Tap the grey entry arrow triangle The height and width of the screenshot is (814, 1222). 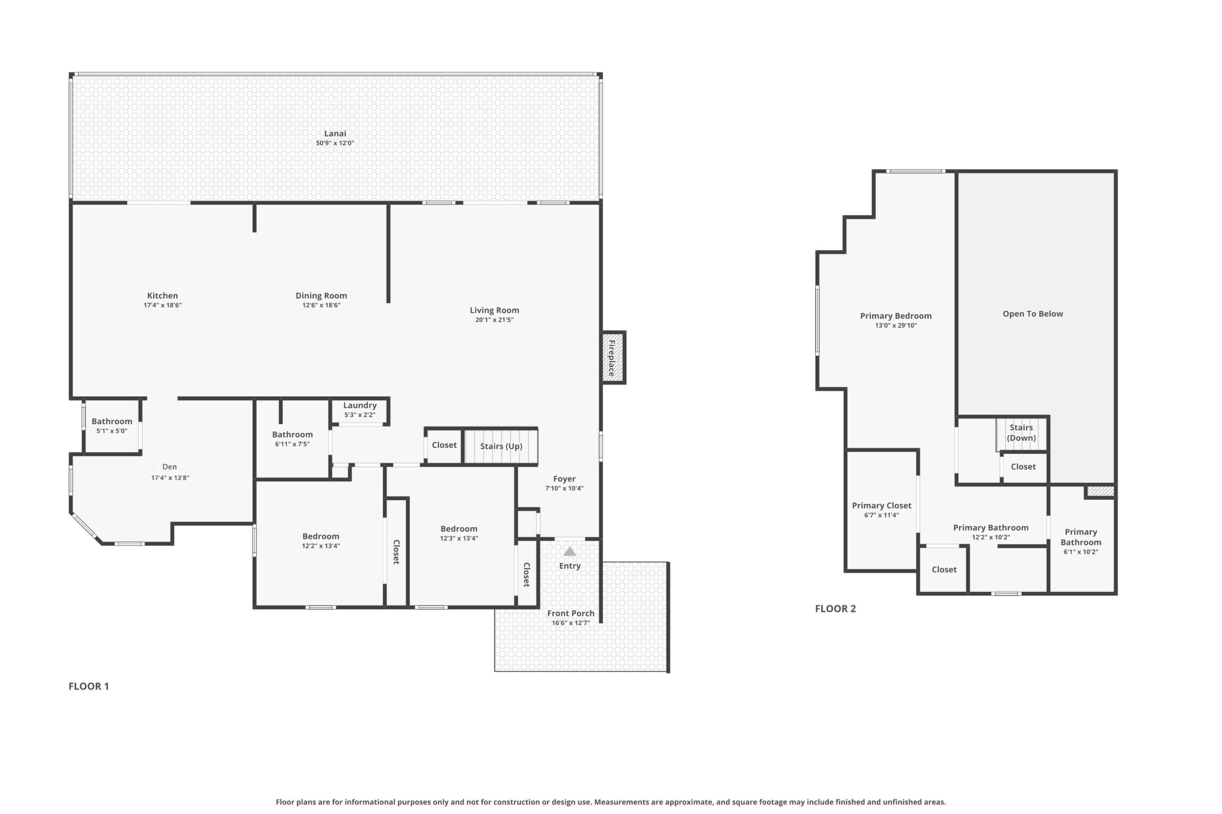(570, 551)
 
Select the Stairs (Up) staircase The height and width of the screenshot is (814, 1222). (501, 446)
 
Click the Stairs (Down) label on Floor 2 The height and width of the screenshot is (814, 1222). (1021, 432)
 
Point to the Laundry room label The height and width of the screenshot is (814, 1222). (359, 406)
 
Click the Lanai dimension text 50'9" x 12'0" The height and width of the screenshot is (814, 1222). (335, 143)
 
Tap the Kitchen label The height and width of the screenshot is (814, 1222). (163, 296)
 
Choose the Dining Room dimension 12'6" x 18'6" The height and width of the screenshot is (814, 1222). (322, 305)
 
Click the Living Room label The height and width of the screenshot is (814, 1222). (494, 311)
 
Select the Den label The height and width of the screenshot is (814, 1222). (169, 467)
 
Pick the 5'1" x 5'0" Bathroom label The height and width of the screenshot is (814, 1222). (112, 426)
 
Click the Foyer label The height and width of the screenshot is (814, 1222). (564, 479)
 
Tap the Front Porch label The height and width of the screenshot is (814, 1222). (570, 613)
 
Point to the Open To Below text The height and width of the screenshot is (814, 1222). (1033, 314)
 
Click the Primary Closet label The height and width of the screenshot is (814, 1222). (882, 506)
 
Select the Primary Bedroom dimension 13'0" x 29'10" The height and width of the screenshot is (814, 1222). (896, 326)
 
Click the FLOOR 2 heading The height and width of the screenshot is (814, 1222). (835, 609)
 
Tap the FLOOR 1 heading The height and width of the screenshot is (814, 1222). (89, 686)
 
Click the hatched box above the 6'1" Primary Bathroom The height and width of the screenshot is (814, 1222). (1101, 491)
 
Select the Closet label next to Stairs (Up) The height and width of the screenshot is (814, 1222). (444, 445)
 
